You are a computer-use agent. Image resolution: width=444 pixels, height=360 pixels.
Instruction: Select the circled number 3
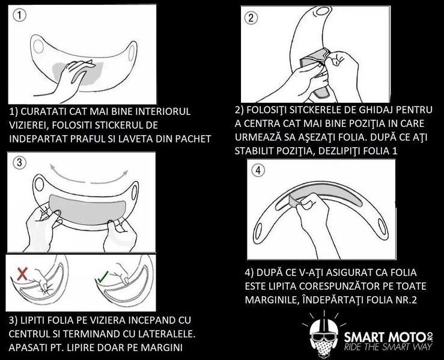point(20,162)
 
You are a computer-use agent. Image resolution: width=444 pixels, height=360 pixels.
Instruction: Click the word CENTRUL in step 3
point(33,332)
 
